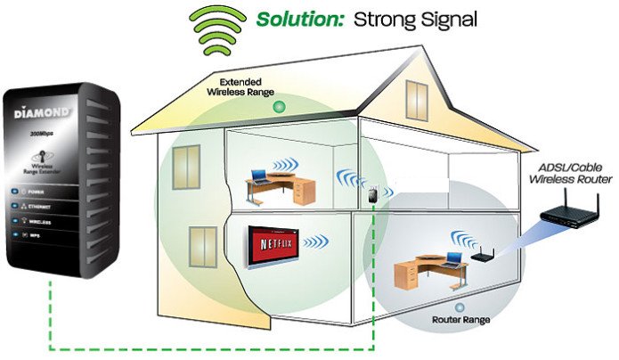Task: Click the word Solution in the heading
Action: [x=297, y=19]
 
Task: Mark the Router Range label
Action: [x=458, y=317]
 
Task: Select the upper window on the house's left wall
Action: [x=186, y=161]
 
